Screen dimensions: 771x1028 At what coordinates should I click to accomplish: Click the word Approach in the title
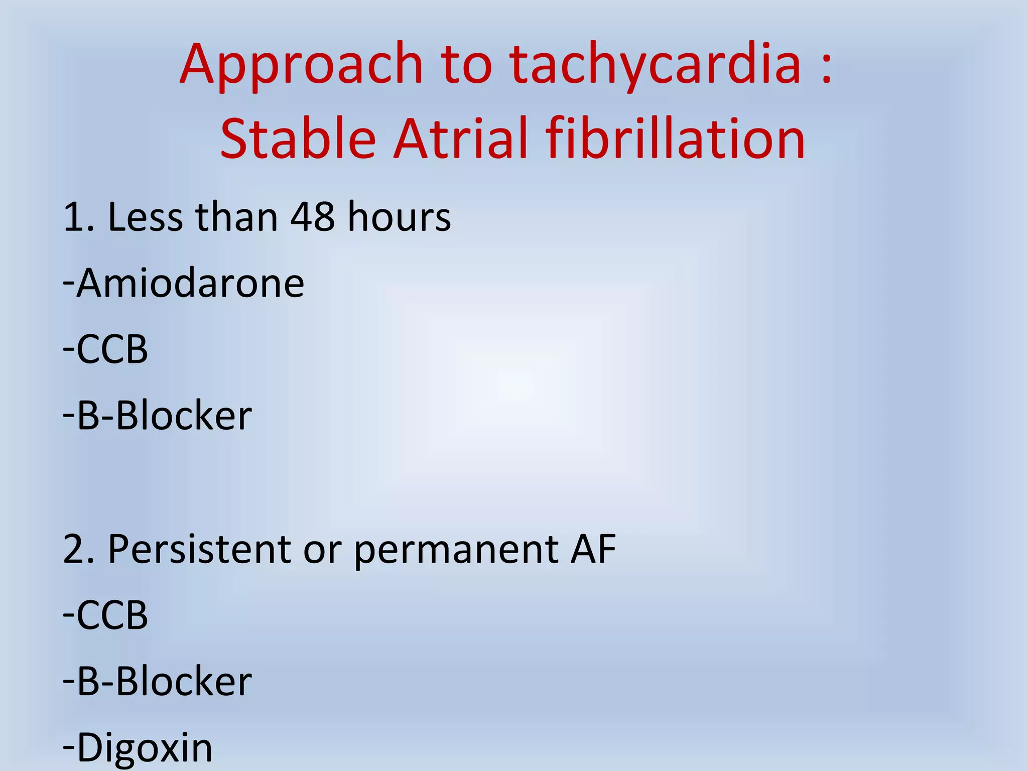click(302, 65)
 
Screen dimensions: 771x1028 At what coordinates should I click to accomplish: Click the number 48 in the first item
click(313, 217)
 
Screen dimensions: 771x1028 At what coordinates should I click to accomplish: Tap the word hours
click(399, 217)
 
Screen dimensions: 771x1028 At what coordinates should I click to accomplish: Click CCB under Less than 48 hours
click(111, 349)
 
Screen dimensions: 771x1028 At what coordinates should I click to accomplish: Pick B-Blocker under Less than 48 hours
click(164, 416)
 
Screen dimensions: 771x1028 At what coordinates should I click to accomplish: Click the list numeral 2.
click(75, 549)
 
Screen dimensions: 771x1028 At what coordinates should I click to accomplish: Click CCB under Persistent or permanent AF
click(111, 615)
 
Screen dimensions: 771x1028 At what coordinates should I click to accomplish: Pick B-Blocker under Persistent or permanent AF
click(164, 682)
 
